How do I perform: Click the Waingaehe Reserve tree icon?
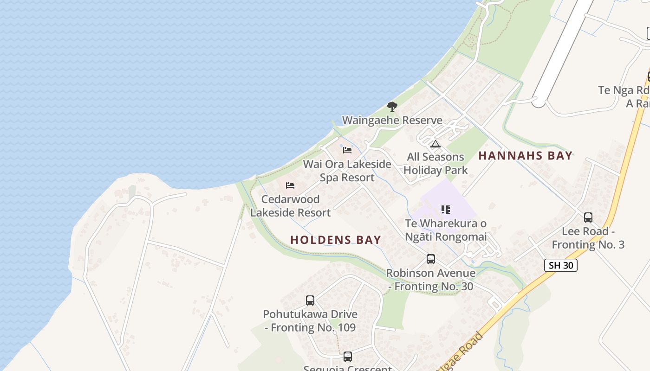pyautogui.click(x=392, y=107)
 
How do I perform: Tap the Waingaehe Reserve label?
pyautogui.click(x=392, y=121)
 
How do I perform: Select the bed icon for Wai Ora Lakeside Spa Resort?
pyautogui.click(x=347, y=150)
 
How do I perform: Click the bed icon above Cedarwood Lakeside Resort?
pyautogui.click(x=290, y=185)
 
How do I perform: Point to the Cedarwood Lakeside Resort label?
pyautogui.click(x=291, y=206)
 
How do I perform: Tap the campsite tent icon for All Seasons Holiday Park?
pyautogui.click(x=435, y=144)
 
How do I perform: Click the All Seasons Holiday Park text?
pyautogui.click(x=435, y=164)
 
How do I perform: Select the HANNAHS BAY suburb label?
pyautogui.click(x=526, y=156)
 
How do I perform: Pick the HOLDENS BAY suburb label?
pyautogui.click(x=336, y=240)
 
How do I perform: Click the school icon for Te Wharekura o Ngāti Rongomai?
pyautogui.click(x=446, y=210)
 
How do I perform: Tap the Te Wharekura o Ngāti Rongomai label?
pyautogui.click(x=446, y=230)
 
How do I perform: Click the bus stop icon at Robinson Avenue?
pyautogui.click(x=431, y=259)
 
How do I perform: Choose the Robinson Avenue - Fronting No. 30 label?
pyautogui.click(x=431, y=280)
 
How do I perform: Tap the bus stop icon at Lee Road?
pyautogui.click(x=588, y=217)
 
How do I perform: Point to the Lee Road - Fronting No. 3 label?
pyautogui.click(x=588, y=238)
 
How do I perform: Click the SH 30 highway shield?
pyautogui.click(x=561, y=265)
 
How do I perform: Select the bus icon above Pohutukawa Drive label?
pyautogui.click(x=310, y=301)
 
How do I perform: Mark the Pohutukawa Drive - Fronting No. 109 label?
pyautogui.click(x=310, y=321)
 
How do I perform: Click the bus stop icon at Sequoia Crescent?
pyautogui.click(x=348, y=357)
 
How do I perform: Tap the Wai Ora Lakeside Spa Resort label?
pyautogui.click(x=347, y=171)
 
